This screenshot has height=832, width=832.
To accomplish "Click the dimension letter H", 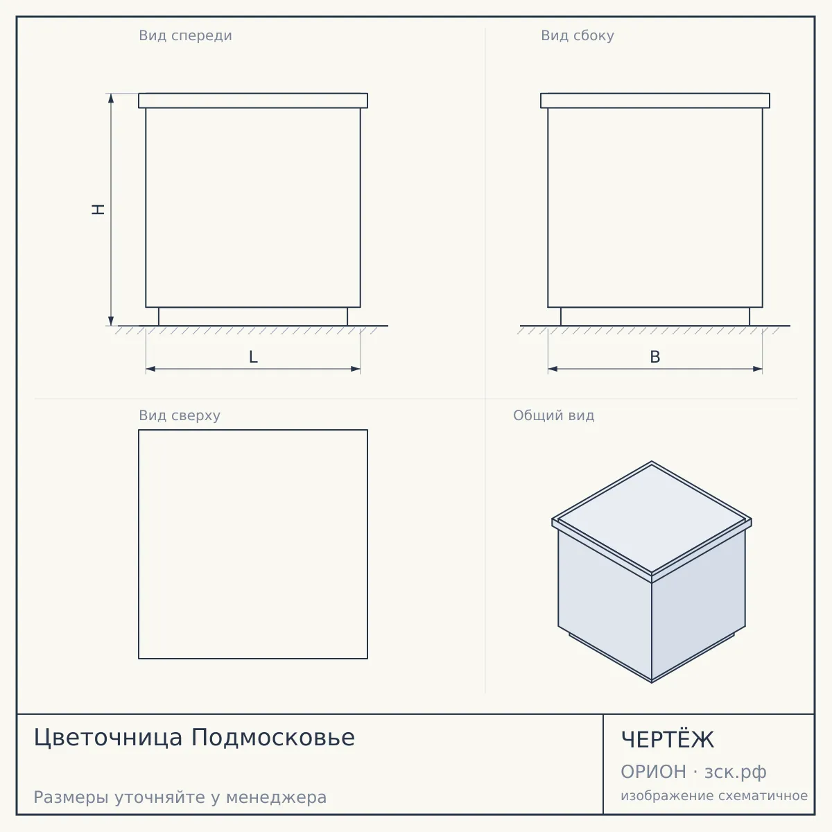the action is pyautogui.click(x=98, y=209).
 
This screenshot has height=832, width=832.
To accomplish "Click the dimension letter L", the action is pyautogui.click(x=254, y=357).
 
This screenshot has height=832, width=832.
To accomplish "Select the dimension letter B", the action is pyautogui.click(x=655, y=357).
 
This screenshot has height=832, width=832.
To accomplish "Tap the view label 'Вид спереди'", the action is pyautogui.click(x=185, y=35).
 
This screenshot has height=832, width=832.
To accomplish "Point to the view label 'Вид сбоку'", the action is pyautogui.click(x=578, y=35).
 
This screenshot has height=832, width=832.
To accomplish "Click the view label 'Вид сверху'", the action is pyautogui.click(x=180, y=415).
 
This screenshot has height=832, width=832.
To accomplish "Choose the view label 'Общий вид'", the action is pyautogui.click(x=553, y=415).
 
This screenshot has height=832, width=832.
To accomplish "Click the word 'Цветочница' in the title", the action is pyautogui.click(x=108, y=738).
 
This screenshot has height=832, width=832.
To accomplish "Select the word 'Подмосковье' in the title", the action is pyautogui.click(x=273, y=737).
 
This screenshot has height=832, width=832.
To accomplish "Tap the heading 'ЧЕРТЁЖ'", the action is pyautogui.click(x=668, y=739).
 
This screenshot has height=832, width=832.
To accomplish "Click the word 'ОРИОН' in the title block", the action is pyautogui.click(x=653, y=772).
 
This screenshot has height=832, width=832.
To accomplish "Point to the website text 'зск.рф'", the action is pyautogui.click(x=736, y=772).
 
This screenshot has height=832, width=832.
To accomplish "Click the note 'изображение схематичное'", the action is pyautogui.click(x=714, y=795).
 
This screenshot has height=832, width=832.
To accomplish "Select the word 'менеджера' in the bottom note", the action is pyautogui.click(x=277, y=798).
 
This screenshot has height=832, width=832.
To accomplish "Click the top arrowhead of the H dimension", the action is pyautogui.click(x=111, y=98).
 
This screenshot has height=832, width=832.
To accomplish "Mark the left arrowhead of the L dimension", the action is pyautogui.click(x=150, y=369).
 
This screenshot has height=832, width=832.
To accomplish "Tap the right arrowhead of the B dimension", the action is pyautogui.click(x=758, y=369).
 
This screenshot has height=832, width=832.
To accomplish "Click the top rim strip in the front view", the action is pyautogui.click(x=253, y=101).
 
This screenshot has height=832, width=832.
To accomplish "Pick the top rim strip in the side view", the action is pyautogui.click(x=655, y=101).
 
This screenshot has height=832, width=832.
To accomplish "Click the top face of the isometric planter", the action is pyautogui.click(x=652, y=518).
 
